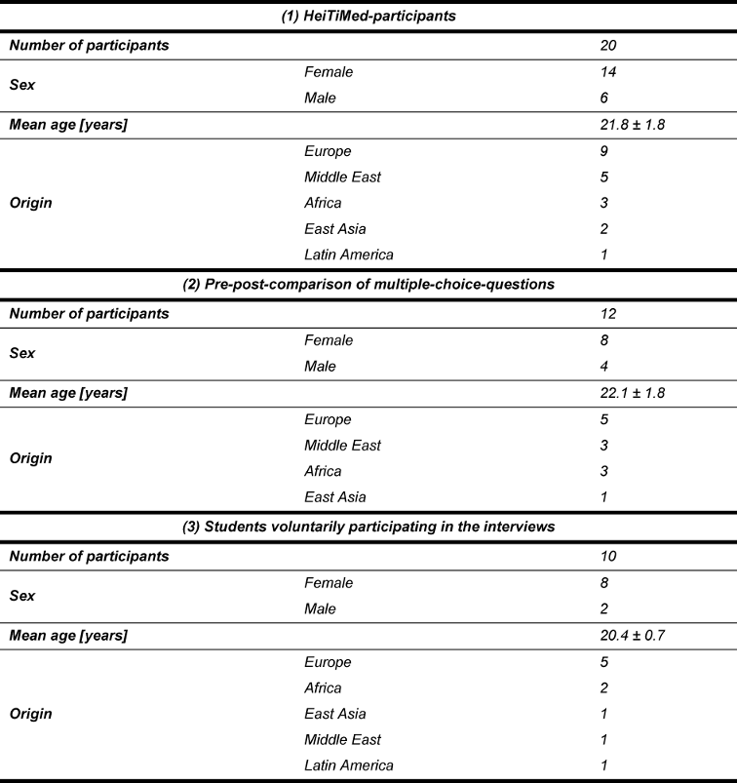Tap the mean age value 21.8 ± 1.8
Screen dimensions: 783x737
635,124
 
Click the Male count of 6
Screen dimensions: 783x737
606,98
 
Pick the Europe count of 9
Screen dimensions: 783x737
606,151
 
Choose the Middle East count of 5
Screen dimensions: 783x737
606,177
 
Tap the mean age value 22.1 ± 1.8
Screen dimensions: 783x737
635,392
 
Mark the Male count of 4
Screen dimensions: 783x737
606,367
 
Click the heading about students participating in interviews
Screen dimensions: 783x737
368,527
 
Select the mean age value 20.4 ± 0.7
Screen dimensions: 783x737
635,635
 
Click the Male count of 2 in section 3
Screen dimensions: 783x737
606,609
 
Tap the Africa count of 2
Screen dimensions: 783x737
606,688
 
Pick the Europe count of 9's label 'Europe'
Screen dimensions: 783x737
328,151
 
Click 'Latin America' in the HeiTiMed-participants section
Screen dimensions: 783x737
349,254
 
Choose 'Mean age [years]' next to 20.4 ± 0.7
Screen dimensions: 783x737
69,635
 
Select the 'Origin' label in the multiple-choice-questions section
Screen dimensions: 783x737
31,458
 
